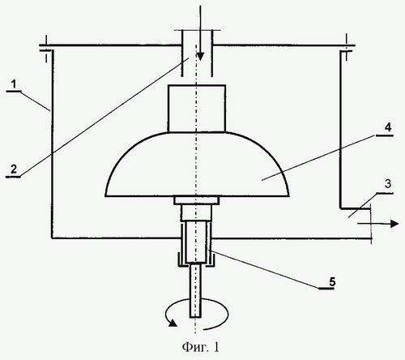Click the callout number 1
(x=14, y=84)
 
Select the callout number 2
(x=14, y=169)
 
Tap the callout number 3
(x=388, y=184)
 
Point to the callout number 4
(x=388, y=127)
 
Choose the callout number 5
(x=332, y=282)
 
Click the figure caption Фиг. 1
(x=201, y=347)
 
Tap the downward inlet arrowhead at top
(x=200, y=57)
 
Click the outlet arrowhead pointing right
(x=395, y=224)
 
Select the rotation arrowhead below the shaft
(x=173, y=323)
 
